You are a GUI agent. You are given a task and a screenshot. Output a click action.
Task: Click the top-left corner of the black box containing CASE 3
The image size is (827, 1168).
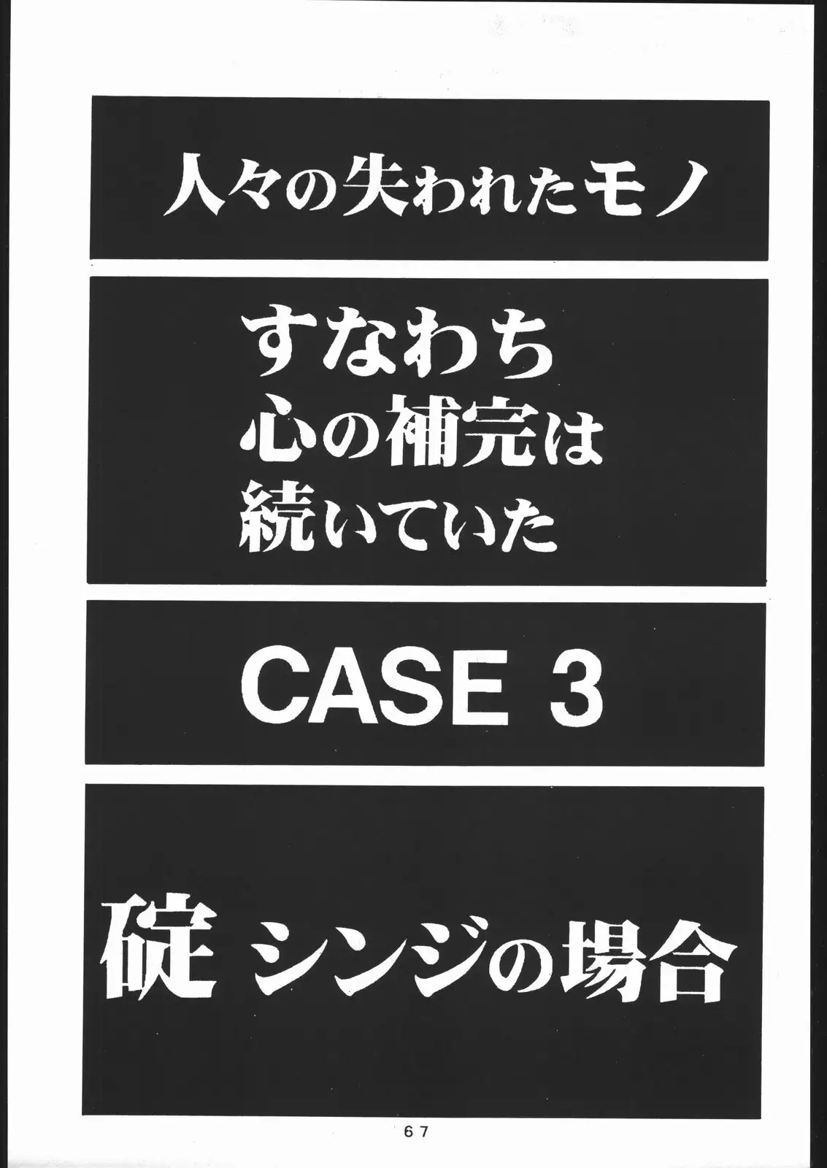pyautogui.click(x=87, y=602)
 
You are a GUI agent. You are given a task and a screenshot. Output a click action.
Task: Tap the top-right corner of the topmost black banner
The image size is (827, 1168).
pyautogui.click(x=769, y=101)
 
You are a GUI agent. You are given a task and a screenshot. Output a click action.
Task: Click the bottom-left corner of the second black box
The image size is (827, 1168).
pyautogui.click(x=87, y=583)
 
